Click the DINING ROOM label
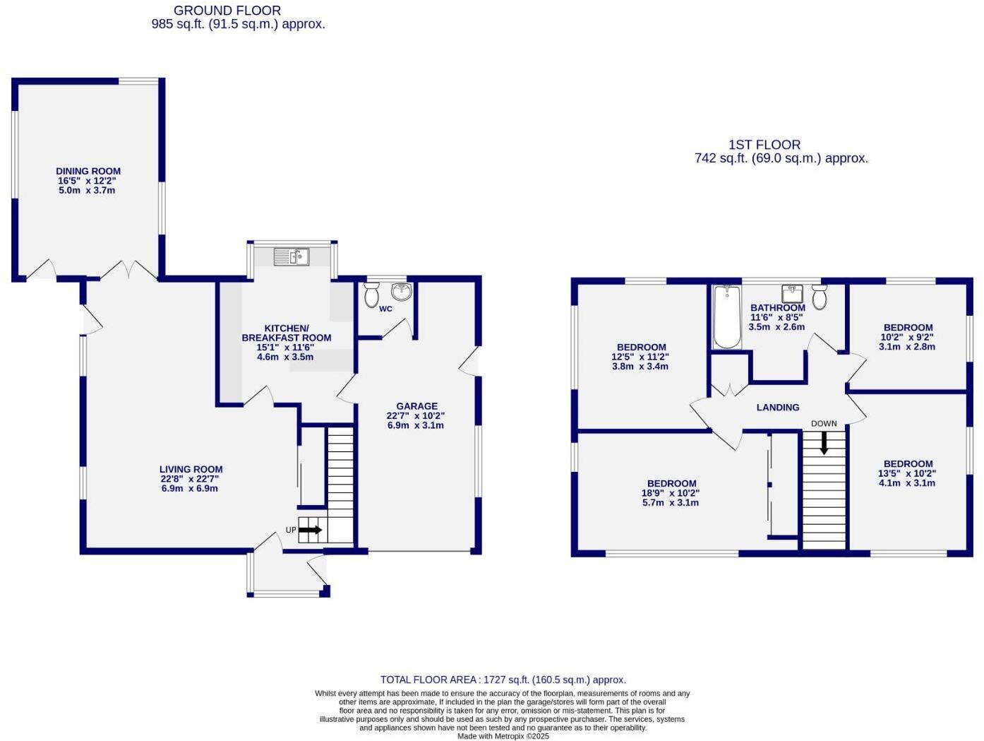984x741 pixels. tap(88, 171)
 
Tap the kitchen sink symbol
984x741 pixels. tap(291, 257)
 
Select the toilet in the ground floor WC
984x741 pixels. tap(371, 295)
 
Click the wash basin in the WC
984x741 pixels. tap(401, 291)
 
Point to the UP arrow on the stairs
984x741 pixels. tap(310, 530)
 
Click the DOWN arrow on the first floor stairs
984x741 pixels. tap(823, 443)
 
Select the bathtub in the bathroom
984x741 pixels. tap(726, 316)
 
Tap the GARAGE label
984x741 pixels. tap(416, 406)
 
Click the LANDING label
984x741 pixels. tap(778, 408)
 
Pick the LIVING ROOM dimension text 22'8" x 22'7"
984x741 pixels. tap(191, 479)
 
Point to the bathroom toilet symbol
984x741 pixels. tap(819, 297)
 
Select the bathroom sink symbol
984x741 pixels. tap(792, 293)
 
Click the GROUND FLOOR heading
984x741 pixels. tap(227, 11)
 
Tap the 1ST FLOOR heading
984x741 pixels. tap(764, 145)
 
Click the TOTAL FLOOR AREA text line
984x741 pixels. tap(503, 680)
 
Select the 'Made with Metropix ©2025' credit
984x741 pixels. tap(503, 736)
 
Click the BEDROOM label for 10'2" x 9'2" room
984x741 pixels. tap(908, 328)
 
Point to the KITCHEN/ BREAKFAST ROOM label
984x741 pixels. tap(287, 333)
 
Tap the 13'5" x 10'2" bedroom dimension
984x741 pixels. tap(906, 473)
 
